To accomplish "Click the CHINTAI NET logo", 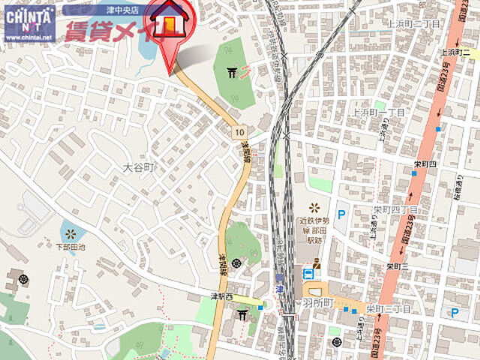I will pyautogui.click(x=28, y=16).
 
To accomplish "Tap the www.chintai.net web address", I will pyautogui.click(x=28, y=37).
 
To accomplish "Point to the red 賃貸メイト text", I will pyautogui.click(x=112, y=31).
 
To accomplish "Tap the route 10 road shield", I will pyautogui.click(x=238, y=132).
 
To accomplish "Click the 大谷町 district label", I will pyautogui.click(x=139, y=169).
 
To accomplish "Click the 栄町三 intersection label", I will pyautogui.click(x=396, y=266).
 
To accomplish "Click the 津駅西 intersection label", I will pyautogui.click(x=222, y=297).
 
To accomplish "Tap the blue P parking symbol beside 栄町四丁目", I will pyautogui.click(x=341, y=214).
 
